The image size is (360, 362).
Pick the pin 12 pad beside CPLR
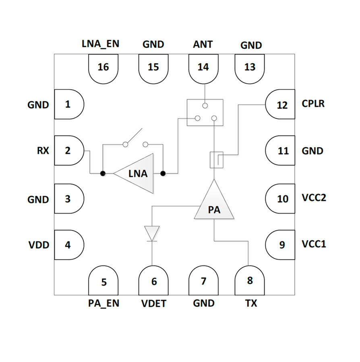click(x=280, y=105)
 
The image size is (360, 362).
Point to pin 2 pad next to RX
click(x=69, y=150)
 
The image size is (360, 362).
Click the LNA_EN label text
click(x=100, y=43)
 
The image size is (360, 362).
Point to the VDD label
click(x=39, y=245)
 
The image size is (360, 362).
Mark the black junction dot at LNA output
click(x=163, y=173)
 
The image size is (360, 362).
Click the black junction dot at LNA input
click(x=103, y=173)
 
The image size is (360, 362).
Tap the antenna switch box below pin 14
click(x=205, y=112)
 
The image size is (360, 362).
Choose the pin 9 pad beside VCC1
click(x=280, y=245)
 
